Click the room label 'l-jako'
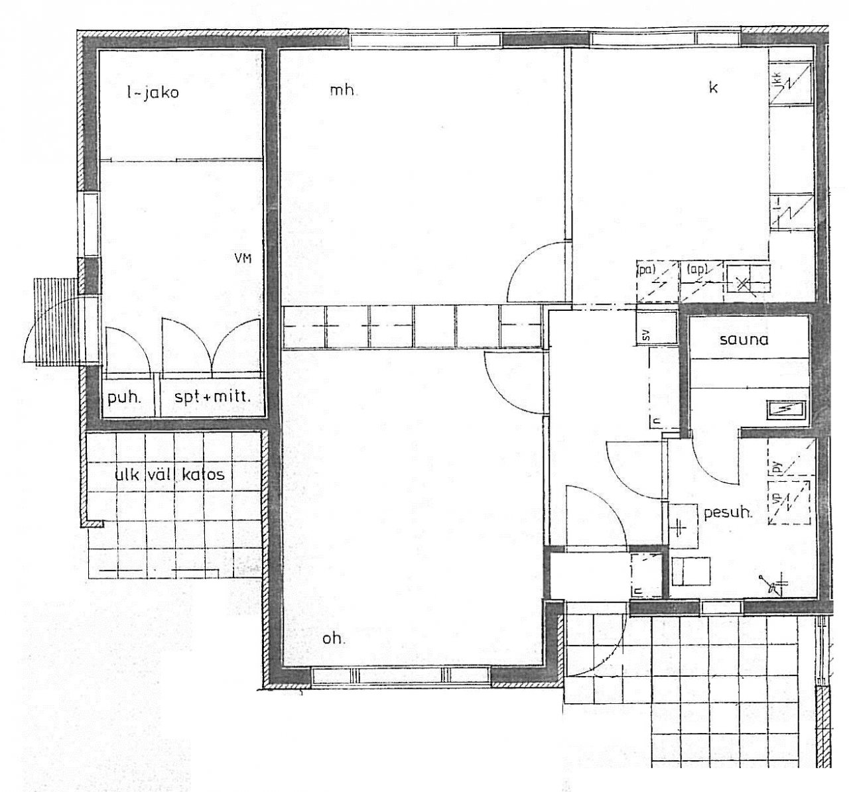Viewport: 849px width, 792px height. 153,92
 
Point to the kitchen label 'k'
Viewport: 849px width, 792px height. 714,87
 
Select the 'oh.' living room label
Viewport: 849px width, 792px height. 334,639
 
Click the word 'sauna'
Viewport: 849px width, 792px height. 744,340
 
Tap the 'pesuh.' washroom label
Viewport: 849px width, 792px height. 728,512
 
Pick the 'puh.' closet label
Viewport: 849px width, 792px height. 123,399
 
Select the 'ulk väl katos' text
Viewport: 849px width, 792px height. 170,475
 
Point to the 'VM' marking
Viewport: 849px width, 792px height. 243,259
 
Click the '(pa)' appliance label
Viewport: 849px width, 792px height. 645,270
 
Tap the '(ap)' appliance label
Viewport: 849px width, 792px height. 698,270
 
